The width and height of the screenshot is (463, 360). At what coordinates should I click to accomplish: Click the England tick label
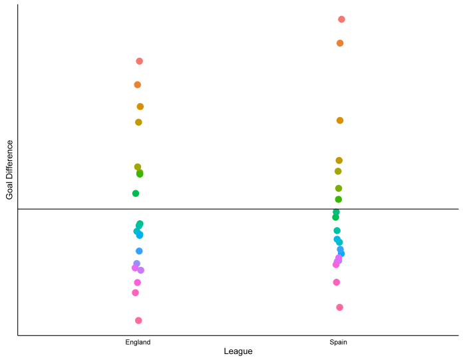[x=138, y=342]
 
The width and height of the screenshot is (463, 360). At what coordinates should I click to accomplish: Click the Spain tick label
[x=338, y=342]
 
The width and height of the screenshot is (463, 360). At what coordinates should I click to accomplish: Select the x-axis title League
[x=238, y=351]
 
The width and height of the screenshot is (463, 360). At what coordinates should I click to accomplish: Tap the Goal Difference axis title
[x=9, y=170]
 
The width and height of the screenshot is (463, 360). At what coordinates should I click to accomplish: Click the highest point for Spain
[x=341, y=19]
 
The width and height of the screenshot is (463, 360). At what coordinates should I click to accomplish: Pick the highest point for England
[x=140, y=61]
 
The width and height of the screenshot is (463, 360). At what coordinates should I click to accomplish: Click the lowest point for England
[x=138, y=320]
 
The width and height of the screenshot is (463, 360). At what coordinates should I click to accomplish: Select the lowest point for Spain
[x=339, y=307]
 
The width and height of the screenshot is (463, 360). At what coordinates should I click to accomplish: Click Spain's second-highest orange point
[x=340, y=43]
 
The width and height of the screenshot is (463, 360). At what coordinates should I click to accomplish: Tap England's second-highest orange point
[x=137, y=85]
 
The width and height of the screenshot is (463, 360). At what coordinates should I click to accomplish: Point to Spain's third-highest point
[x=340, y=120]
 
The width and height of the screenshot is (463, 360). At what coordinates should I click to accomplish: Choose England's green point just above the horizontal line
[x=136, y=194]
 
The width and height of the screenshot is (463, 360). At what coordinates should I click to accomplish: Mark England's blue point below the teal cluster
[x=139, y=251]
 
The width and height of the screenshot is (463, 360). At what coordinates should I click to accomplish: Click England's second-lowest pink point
[x=136, y=292]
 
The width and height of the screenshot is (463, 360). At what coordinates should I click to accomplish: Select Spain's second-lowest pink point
[x=337, y=282]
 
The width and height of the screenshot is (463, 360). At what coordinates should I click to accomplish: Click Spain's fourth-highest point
[x=339, y=160]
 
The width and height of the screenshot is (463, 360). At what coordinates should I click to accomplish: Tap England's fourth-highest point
[x=138, y=122]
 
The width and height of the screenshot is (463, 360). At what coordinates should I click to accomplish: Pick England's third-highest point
[x=140, y=106]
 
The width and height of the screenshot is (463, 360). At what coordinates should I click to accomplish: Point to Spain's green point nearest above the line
[x=339, y=199]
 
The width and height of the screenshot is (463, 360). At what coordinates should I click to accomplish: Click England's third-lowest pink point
[x=138, y=282]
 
